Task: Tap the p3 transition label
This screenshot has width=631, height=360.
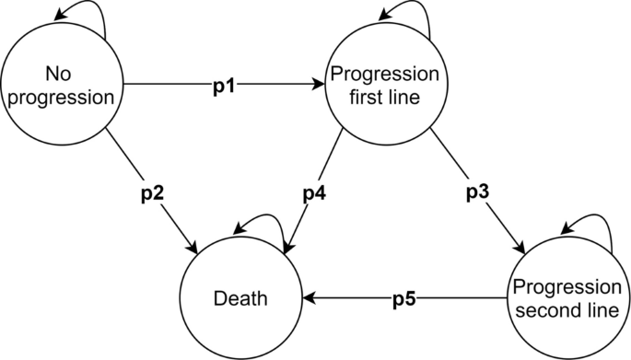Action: point(478,195)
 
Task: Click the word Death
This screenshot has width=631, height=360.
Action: point(240,298)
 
